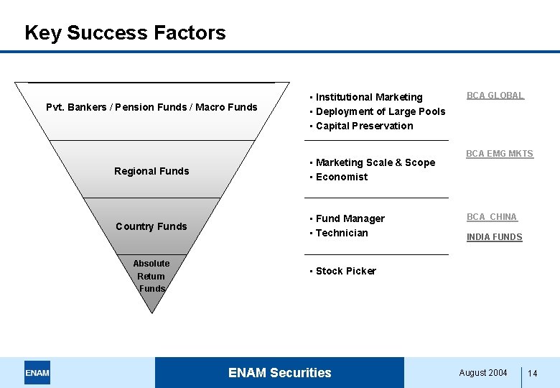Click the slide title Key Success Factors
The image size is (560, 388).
[x=125, y=33]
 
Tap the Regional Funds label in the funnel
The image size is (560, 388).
[x=151, y=171]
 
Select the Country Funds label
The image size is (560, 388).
[x=151, y=226]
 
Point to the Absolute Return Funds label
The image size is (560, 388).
[x=151, y=276]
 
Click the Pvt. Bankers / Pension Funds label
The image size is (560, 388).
[x=151, y=107]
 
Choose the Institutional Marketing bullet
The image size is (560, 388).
[x=368, y=97]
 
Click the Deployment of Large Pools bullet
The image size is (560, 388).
[x=380, y=111]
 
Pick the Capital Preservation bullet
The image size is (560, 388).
[x=364, y=126]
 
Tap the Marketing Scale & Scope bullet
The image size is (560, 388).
[x=375, y=162]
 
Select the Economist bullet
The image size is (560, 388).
[x=341, y=177]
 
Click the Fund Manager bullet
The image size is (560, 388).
[x=350, y=218]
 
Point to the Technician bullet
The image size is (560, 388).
[x=341, y=233]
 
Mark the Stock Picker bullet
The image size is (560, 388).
[x=345, y=271]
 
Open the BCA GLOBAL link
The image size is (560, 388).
[x=495, y=96]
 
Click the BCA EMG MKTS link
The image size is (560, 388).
[x=500, y=154]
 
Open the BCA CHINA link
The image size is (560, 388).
[x=492, y=217]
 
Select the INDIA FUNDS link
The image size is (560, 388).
[x=495, y=237]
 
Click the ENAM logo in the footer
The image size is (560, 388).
[x=37, y=373]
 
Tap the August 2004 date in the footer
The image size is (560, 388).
[x=483, y=373]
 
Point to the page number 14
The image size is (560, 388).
[x=533, y=374]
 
